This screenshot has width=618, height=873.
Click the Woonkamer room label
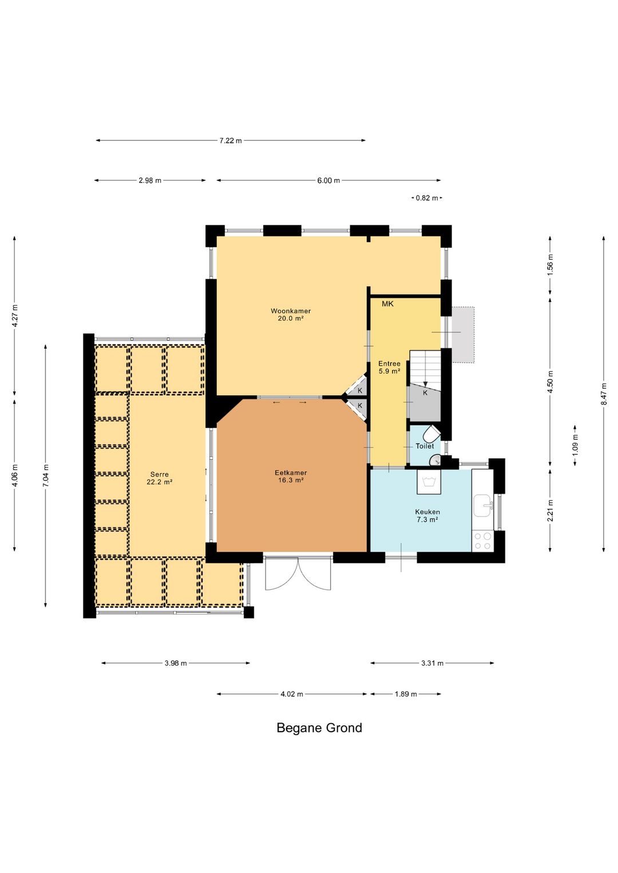tap(291, 315)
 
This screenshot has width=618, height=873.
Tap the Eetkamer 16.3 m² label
tap(291, 476)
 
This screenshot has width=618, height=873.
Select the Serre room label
tap(160, 478)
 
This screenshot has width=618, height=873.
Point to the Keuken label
tap(427, 515)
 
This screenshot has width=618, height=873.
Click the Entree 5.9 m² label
tap(389, 367)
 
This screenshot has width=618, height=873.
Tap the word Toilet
tap(425, 446)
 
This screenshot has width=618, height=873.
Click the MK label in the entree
tap(387, 304)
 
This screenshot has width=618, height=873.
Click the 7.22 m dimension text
tap(231, 141)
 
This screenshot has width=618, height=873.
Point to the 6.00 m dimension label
tap(328, 180)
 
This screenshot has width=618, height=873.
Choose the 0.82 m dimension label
tap(427, 198)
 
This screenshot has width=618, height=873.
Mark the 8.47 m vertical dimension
tap(604, 394)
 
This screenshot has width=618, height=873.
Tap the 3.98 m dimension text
tap(176, 663)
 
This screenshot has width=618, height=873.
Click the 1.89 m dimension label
tap(406, 694)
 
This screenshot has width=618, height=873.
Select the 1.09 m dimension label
tap(576, 445)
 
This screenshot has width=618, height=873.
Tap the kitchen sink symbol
tap(483, 506)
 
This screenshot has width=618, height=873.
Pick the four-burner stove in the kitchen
tap(483, 541)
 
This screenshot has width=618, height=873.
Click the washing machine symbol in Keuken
tap(429, 482)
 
